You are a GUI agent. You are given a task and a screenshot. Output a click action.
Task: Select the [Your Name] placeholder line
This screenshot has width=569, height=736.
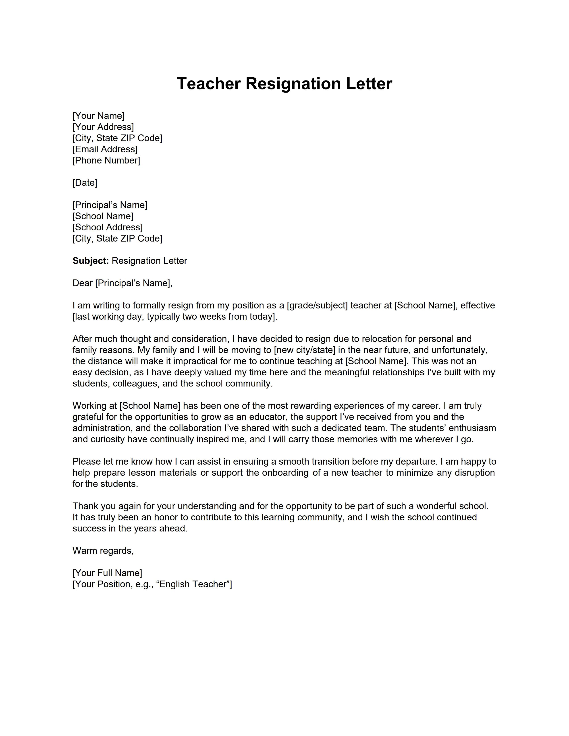click(x=98, y=116)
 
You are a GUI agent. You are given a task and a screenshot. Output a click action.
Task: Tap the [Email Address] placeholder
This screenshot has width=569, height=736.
click(x=105, y=149)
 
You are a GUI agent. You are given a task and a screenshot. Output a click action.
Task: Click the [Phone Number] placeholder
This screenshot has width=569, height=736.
click(x=106, y=160)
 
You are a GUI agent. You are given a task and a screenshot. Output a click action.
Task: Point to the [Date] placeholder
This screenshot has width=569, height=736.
click(x=85, y=183)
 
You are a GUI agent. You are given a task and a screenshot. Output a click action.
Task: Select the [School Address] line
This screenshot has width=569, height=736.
click(x=108, y=227)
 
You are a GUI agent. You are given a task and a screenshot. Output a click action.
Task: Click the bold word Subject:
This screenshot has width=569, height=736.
click(x=91, y=261)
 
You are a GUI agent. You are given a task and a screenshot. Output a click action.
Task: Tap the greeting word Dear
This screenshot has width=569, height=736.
click(x=82, y=283)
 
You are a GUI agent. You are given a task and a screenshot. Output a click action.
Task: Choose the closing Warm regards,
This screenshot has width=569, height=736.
click(x=103, y=551)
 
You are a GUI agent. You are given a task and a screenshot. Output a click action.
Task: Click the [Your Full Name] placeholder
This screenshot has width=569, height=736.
click(x=107, y=573)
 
